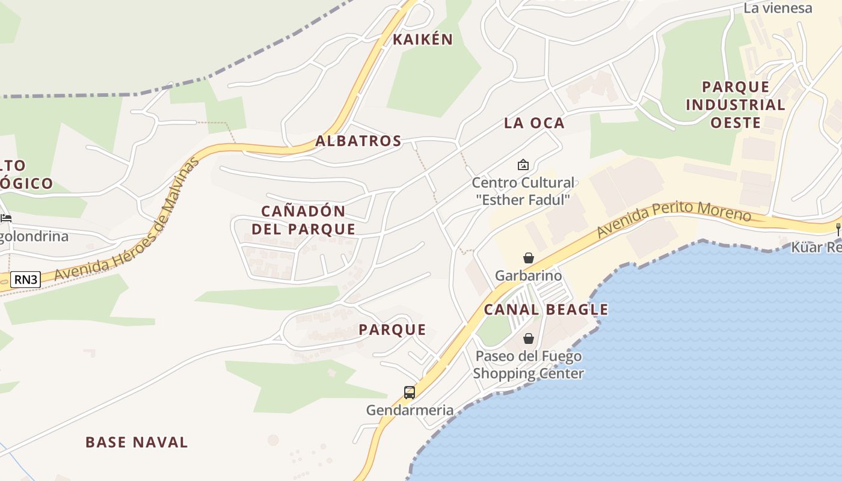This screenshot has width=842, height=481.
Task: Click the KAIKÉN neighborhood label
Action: click(422, 40)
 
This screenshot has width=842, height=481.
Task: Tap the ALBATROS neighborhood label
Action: click(358, 141)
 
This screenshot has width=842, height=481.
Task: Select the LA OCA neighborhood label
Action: click(534, 123)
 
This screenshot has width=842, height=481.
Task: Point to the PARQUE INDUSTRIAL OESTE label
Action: click(736, 105)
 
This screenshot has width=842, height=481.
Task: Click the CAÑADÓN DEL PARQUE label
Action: click(304, 220)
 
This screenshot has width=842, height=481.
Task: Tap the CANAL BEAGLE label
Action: click(546, 310)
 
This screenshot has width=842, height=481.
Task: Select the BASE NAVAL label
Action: click(137, 443)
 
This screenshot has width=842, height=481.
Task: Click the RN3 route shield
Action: click(25, 278)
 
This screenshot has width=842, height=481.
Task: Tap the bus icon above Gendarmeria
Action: click(410, 393)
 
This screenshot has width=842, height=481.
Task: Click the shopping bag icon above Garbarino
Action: click(528, 258)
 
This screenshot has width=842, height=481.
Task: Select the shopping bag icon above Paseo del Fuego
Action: click(528, 339)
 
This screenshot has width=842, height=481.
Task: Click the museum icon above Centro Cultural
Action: click(523, 164)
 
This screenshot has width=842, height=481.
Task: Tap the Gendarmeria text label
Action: click(410, 411)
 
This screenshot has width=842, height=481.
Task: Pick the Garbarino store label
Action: click(528, 276)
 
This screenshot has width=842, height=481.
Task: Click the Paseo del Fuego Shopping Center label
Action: click(528, 365)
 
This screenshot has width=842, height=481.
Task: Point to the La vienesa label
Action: click(777, 8)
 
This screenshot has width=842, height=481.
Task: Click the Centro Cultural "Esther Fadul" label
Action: click(523, 191)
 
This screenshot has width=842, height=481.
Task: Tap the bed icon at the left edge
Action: click(6, 218)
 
